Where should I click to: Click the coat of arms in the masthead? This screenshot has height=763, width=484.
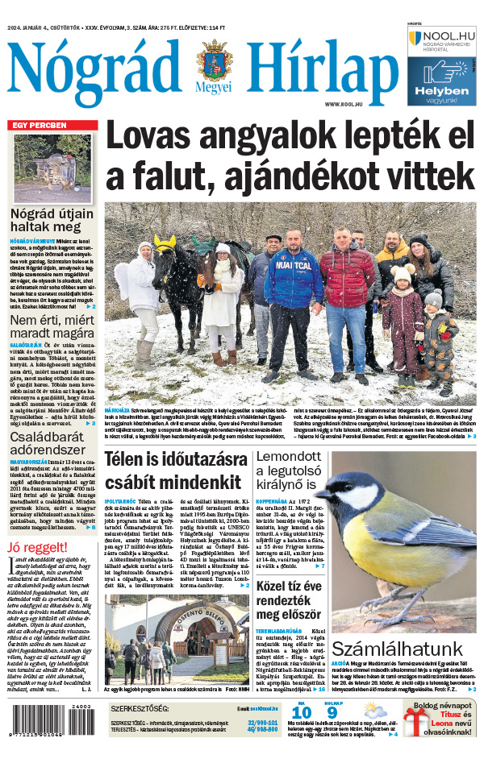tap(213, 64)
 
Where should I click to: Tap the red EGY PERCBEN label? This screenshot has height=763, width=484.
tap(38, 125)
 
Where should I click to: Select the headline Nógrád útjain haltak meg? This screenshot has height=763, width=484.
tap(53, 222)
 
